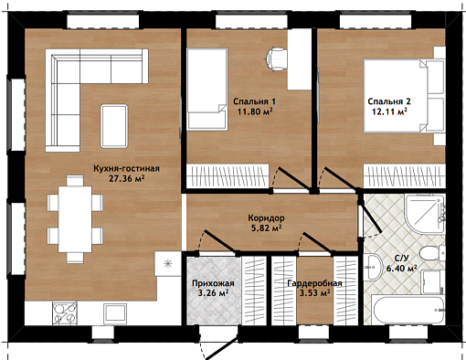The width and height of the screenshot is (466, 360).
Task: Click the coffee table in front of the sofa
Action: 114,126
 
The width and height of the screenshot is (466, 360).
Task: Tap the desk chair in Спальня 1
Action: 276,58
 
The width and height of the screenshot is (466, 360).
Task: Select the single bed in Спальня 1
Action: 207,90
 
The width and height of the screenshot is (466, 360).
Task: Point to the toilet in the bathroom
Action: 432,253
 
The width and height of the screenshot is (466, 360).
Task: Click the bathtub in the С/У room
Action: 408,310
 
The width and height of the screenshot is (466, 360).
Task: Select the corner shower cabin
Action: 425,214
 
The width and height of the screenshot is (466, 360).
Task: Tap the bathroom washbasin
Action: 373,267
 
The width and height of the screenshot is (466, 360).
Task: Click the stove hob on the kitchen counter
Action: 65,312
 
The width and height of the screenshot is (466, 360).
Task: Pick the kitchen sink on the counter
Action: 115,313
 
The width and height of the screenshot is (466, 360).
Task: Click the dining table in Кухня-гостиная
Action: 75,218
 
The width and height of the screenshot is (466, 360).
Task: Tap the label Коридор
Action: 266,217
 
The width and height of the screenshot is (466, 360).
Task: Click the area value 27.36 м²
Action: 127,178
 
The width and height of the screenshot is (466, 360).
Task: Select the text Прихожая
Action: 213,283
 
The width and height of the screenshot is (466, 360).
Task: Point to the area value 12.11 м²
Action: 389,111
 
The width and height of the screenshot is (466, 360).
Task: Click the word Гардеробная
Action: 314,283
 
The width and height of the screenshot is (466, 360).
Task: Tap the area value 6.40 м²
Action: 401,269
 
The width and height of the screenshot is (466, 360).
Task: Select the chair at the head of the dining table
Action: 75,180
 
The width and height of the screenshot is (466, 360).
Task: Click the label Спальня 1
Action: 254,101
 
